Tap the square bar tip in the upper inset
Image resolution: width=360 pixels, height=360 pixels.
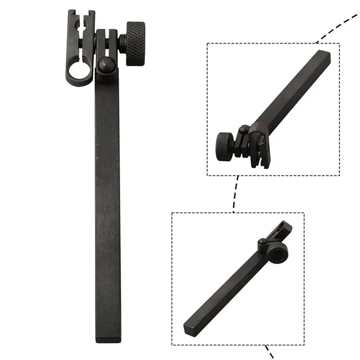coord(325,56)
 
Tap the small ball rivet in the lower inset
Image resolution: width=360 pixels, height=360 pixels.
coord(261,243)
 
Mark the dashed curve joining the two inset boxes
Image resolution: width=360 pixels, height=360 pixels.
coord(235,194)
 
